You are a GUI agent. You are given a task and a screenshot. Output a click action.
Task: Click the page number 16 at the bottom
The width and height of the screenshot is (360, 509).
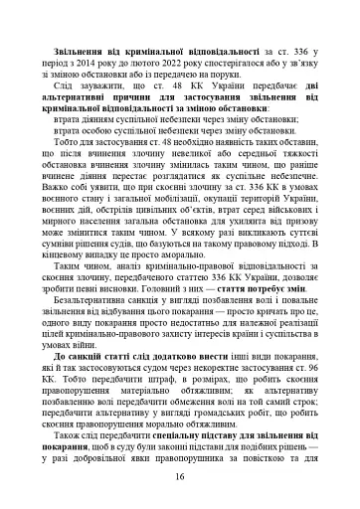(x=179, y=476)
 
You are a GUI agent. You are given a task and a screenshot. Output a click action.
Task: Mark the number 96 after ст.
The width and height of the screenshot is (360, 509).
(x=315, y=365)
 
